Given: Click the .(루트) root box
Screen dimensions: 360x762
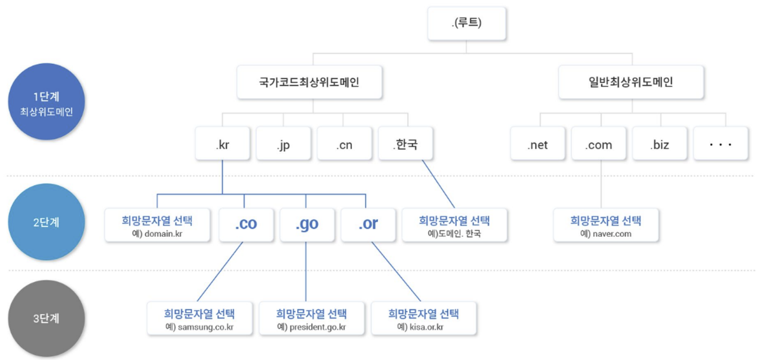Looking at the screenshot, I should (x=466, y=23).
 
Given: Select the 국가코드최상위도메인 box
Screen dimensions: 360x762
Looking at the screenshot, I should (x=310, y=82).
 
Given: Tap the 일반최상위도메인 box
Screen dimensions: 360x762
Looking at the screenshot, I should (x=630, y=82).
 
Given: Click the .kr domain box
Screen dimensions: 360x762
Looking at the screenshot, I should (x=222, y=144).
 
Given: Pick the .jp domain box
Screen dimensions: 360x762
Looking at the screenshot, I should (x=283, y=144).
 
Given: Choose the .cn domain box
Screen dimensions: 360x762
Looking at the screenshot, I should (x=344, y=144).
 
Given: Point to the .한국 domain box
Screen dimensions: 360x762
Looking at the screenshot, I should (x=405, y=144).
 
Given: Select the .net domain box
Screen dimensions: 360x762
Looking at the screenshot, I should (x=537, y=144).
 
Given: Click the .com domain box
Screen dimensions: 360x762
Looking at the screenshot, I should (x=598, y=144).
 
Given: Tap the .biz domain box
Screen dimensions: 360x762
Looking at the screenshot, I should (x=659, y=144).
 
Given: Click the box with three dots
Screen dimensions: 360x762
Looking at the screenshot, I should (x=720, y=144).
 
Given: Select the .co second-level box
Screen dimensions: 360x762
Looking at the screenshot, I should (x=246, y=224).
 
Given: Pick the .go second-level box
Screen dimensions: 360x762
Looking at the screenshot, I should (x=307, y=224).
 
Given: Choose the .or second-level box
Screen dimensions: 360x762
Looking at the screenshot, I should (x=368, y=224).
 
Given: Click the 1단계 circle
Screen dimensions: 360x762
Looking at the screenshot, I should (x=47, y=102).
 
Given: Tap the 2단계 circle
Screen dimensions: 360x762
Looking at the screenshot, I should (x=47, y=222).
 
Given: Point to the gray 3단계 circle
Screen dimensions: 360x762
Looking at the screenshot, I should (x=47, y=318).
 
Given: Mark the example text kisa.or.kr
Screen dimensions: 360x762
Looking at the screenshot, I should (x=424, y=326).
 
